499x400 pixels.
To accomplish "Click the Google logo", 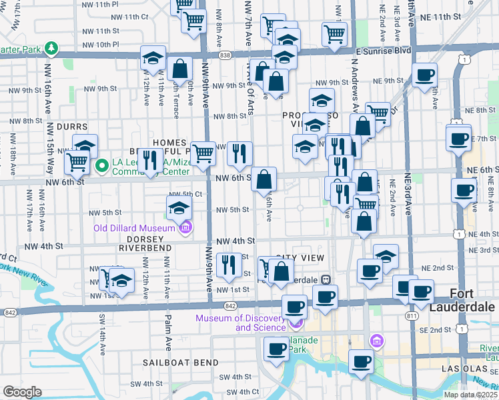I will [x=22, y=392].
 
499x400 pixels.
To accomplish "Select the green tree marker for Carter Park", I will [x=51, y=49].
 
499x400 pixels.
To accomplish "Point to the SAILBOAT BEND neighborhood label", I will [x=180, y=363].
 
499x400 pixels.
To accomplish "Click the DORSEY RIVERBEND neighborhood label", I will [x=145, y=242].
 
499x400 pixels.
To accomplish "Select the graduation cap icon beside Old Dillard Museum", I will [x=179, y=208].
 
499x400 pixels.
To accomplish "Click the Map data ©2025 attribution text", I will [x=471, y=394].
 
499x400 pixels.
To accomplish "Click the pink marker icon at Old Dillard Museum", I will [x=185, y=228].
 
